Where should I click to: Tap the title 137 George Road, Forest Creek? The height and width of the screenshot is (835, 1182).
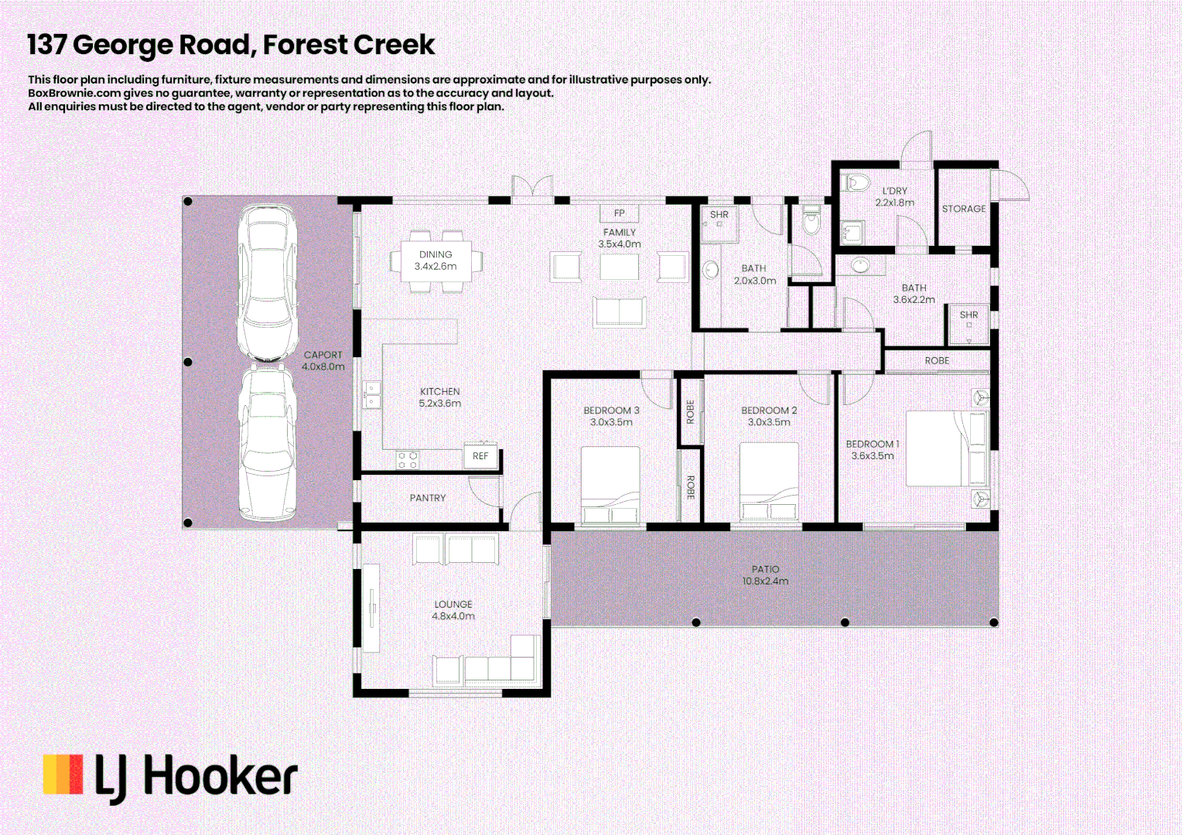click(x=231, y=45)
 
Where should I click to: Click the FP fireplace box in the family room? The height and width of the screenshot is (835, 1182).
click(x=619, y=213)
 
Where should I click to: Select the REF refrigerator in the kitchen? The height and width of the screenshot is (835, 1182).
click(x=480, y=456)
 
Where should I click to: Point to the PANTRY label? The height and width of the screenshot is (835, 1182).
click(x=427, y=498)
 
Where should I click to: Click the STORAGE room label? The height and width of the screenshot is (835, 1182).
click(x=963, y=209)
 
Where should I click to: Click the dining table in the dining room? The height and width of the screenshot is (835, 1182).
click(x=436, y=261)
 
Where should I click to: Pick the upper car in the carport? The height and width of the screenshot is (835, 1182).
click(x=268, y=281)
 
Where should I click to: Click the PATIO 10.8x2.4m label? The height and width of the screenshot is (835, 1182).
click(x=765, y=575)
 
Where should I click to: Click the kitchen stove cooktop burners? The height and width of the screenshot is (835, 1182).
click(x=408, y=460)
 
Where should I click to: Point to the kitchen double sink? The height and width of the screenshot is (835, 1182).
click(x=372, y=394)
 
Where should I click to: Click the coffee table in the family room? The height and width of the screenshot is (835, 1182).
click(x=620, y=268)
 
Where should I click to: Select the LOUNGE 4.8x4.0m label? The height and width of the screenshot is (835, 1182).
click(x=453, y=610)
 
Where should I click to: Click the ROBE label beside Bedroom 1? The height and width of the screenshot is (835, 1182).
click(x=937, y=361)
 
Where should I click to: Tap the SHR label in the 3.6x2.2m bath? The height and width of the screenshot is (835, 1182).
click(x=968, y=315)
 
